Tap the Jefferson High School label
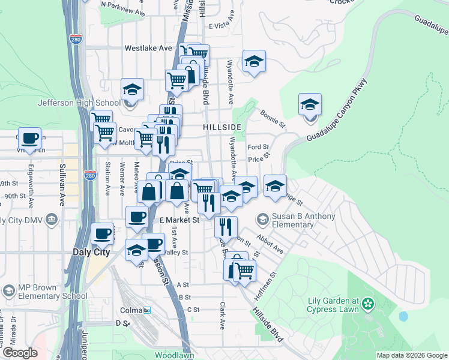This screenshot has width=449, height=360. [x=71, y=103]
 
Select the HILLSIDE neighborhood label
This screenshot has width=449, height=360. [x=222, y=127]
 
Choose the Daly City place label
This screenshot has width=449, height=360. [x=91, y=253]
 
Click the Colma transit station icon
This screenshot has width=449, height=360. [x=147, y=310]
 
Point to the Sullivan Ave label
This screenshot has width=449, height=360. [x=62, y=184]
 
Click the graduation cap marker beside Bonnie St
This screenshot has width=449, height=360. [x=310, y=105]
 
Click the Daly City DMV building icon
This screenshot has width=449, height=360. [x=53, y=220]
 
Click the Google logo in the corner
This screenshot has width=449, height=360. [x=20, y=353]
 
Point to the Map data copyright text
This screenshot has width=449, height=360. [x=412, y=355]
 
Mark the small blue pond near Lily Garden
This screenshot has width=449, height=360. [x=403, y=316]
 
